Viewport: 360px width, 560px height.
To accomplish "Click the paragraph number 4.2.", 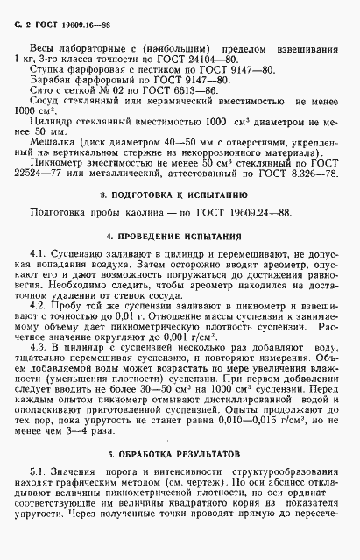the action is pos(48,306).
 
